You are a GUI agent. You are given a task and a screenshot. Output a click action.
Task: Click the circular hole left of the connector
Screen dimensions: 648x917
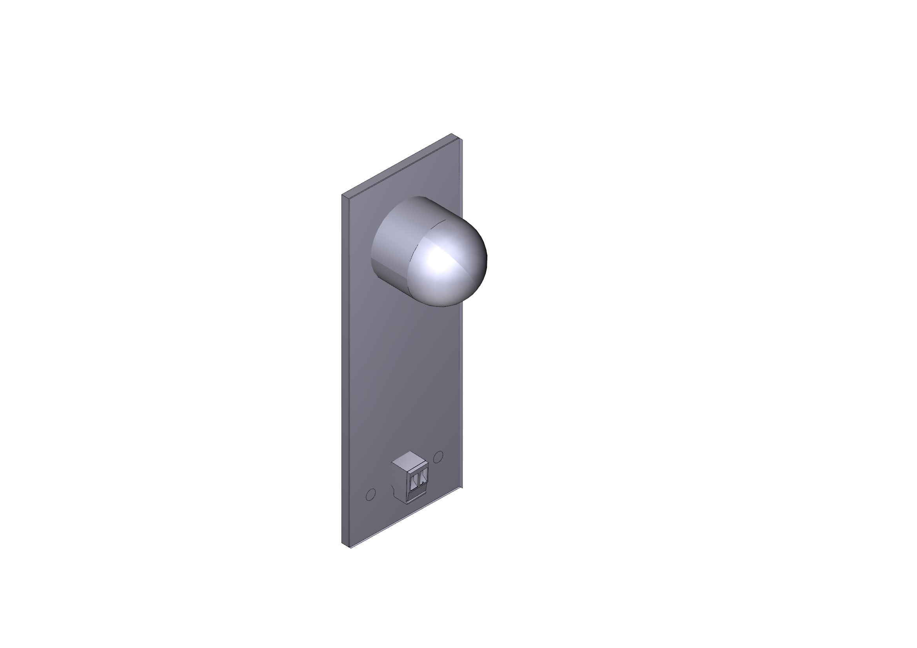coord(370,495)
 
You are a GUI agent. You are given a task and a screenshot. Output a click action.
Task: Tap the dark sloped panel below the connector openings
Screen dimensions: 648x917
coord(418,497)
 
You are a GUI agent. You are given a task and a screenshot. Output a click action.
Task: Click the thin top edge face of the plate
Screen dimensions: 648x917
coord(399,165)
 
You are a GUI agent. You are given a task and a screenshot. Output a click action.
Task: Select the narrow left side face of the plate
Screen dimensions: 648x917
coord(346,371)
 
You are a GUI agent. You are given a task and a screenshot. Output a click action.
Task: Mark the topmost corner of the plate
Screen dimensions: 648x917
coord(452,134)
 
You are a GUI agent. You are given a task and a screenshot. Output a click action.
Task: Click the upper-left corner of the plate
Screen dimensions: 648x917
coord(342,195)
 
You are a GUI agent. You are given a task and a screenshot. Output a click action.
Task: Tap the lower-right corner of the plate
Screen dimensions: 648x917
coord(462,487)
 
